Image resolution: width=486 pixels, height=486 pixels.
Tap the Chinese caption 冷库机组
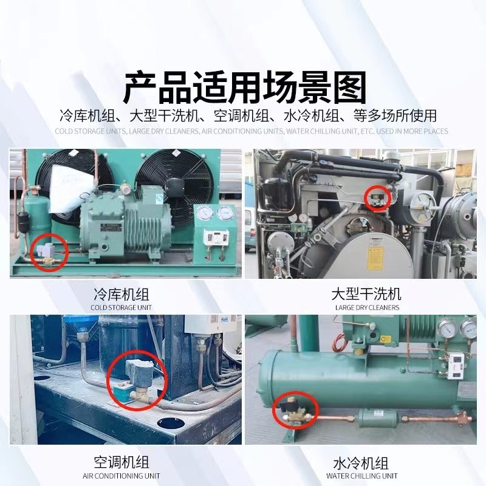[x=122, y=295]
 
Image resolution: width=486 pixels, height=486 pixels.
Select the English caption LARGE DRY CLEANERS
[x=367, y=307]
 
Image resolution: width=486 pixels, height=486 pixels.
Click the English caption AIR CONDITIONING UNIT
[x=122, y=476]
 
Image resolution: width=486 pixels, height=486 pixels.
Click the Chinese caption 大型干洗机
[x=367, y=295]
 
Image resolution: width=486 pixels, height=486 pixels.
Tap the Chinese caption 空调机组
[x=122, y=462]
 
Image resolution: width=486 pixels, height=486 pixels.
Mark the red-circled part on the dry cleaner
[x=377, y=197]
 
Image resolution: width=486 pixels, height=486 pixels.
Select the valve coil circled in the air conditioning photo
[x=135, y=370]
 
